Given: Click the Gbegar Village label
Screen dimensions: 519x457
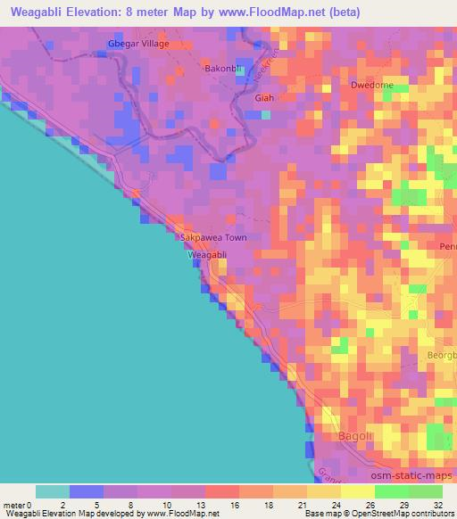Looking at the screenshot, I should pyautogui.click(x=137, y=44).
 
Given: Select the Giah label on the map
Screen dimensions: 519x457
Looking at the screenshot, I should pyautogui.click(x=264, y=98).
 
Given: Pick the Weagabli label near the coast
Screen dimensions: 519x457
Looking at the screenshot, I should pyautogui.click(x=208, y=255).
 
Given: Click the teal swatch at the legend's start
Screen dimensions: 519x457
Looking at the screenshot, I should pyautogui.click(x=53, y=491).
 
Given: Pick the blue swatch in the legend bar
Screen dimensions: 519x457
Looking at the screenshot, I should pyautogui.click(x=87, y=491).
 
